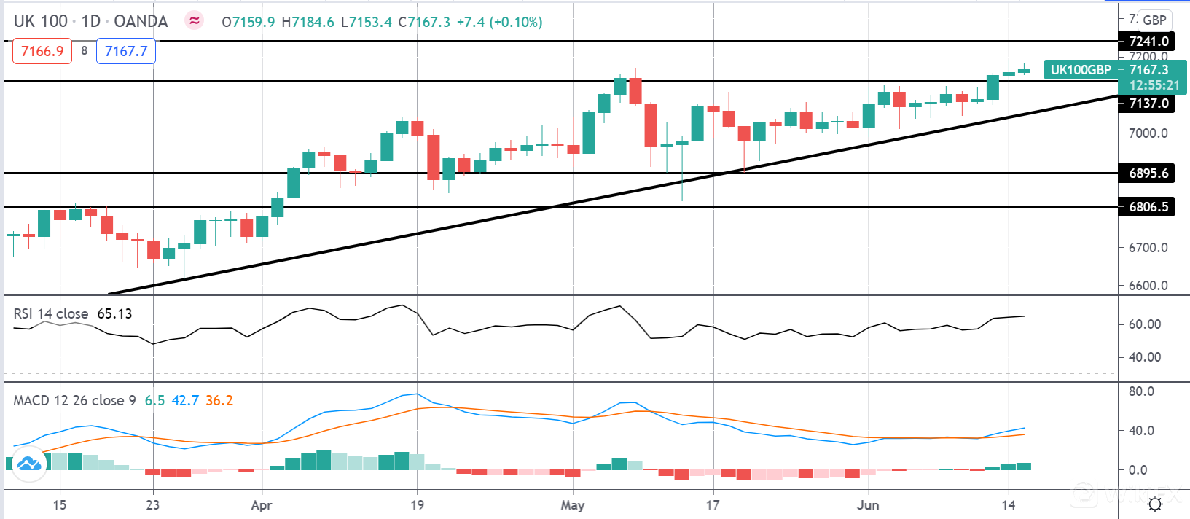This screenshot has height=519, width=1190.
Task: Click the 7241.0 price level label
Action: pos(1148,42)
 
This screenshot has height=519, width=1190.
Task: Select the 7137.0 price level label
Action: pos(1148,104)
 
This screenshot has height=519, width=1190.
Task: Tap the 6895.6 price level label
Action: pos(1148,173)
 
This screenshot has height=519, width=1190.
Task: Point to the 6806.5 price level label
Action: pos(1148,207)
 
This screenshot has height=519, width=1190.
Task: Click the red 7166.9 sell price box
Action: pos(42,51)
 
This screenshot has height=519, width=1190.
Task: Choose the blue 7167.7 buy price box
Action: pos(126,51)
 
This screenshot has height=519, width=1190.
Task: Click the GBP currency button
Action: pos(1154,20)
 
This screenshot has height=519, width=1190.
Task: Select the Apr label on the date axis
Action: pos(261,504)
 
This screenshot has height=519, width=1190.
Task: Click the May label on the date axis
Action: pos(573,504)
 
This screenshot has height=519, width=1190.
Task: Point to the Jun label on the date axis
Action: pos(868,504)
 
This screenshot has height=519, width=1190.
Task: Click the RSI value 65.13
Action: pos(114,314)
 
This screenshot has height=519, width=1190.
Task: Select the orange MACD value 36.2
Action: pos(219,400)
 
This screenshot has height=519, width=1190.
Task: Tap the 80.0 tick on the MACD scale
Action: pos(1141,391)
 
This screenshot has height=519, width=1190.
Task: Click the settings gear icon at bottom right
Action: pos(1155,504)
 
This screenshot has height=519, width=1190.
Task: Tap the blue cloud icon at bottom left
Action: pos(29,464)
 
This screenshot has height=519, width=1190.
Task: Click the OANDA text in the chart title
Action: pos(141,22)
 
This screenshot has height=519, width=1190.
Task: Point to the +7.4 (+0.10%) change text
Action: pos(499,23)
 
